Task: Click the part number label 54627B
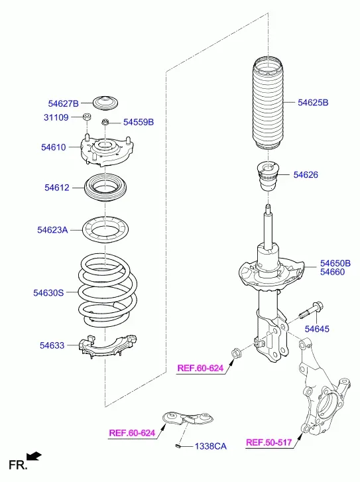(x=64, y=103)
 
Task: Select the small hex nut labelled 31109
(x=86, y=117)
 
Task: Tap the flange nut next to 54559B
(x=105, y=122)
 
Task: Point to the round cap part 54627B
(x=105, y=103)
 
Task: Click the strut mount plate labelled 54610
(x=106, y=151)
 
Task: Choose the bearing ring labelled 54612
(x=105, y=188)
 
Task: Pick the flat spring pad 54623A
(x=105, y=230)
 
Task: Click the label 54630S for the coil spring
(x=48, y=292)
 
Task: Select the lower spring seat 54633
(x=107, y=347)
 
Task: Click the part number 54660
(x=332, y=272)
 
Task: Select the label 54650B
(x=335, y=263)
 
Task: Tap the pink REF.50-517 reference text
(x=269, y=442)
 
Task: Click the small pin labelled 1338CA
(x=178, y=446)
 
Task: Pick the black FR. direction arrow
(x=34, y=456)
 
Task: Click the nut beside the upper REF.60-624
(x=236, y=353)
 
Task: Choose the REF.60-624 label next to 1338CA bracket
(x=132, y=433)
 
